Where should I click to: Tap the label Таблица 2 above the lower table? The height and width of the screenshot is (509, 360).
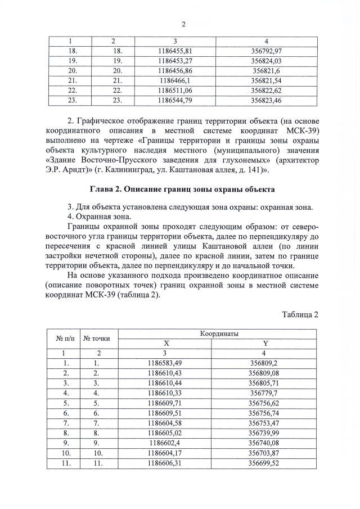click(300, 314)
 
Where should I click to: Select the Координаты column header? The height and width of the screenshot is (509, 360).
click(219, 334)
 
